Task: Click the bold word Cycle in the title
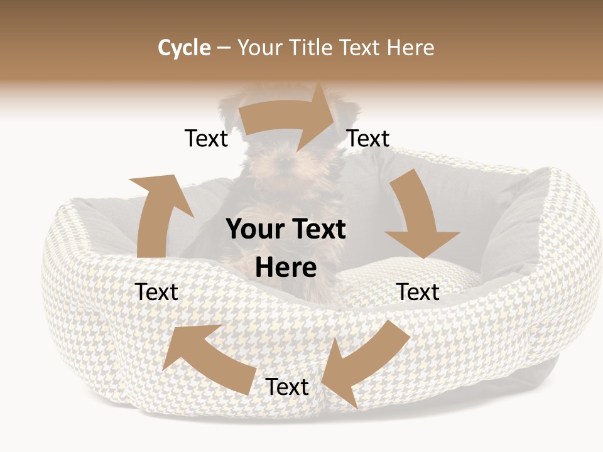pos(184,48)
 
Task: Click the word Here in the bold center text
pos(286,268)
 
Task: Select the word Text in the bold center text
pos(317,230)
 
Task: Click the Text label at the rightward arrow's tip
pos(368,138)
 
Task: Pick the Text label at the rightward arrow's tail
pos(206,138)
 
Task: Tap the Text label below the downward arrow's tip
pos(418,292)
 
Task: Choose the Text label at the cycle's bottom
pos(287,387)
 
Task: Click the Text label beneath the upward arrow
pos(156,292)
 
